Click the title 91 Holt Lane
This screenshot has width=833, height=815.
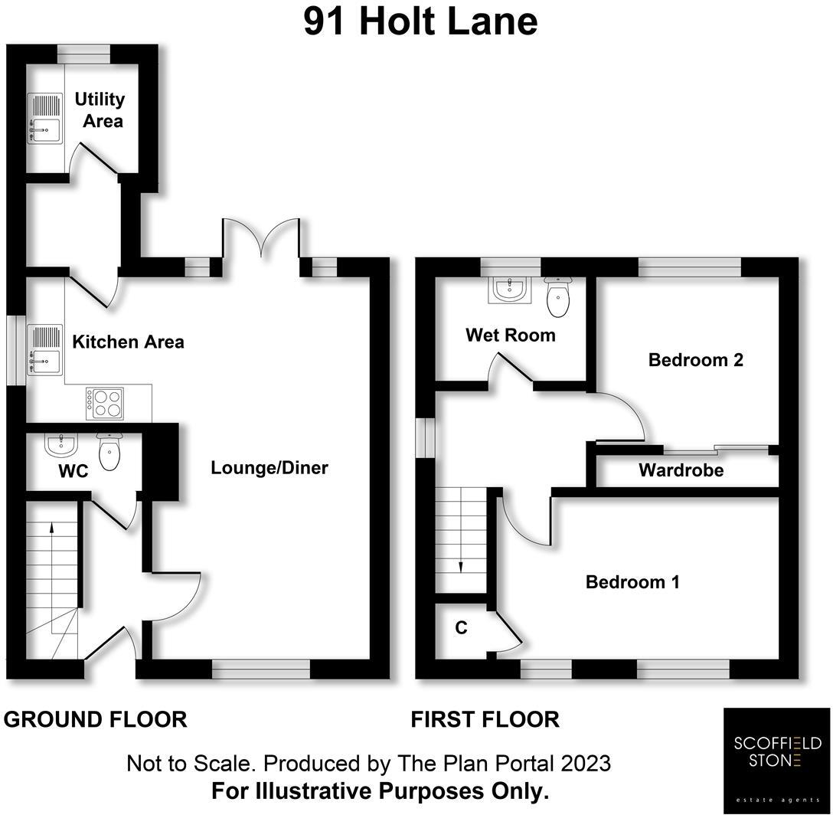(420, 21)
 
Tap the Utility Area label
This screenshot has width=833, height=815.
(100, 110)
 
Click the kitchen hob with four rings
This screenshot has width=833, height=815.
(105, 404)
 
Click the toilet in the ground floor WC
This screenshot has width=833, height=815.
(110, 452)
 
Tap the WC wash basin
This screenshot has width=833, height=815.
(60, 444)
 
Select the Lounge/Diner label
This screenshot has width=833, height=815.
(269, 467)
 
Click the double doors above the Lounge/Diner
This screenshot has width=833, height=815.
(260, 237)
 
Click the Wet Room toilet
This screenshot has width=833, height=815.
(558, 297)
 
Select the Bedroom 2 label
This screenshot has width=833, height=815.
(695, 359)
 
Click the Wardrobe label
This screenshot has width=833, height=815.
(681, 470)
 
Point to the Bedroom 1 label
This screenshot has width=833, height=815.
(632, 582)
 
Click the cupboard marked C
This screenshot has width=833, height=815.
(461, 628)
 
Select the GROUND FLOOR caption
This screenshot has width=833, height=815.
(96, 720)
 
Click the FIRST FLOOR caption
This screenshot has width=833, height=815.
(485, 720)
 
